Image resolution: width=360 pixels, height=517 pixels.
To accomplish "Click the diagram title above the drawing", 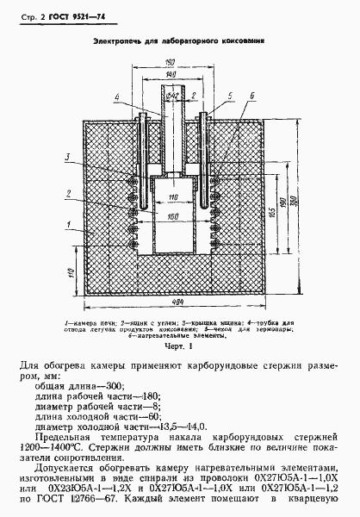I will click(179, 40).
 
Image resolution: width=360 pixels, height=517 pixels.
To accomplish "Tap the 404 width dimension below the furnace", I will click(176, 301).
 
